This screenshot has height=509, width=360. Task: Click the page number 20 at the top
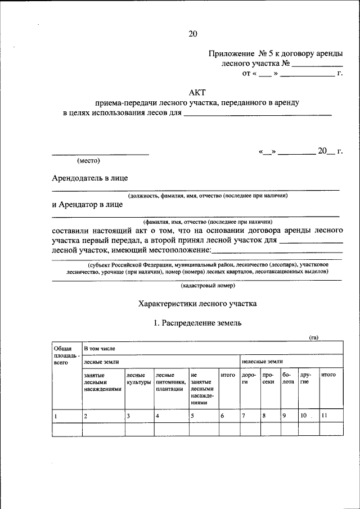[193, 34]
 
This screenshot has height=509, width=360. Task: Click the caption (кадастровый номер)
[207, 285]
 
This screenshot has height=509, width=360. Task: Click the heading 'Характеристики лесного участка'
[197, 304]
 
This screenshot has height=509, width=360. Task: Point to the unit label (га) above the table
[314, 337]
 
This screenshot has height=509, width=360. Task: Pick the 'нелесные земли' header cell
[262, 362]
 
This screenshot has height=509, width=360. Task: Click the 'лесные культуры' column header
[138, 379]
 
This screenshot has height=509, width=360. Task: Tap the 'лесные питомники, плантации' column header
[171, 381]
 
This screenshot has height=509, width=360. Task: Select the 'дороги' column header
[249, 379]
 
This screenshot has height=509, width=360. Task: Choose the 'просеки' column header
[268, 379]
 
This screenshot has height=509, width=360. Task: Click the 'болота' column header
[288, 379]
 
